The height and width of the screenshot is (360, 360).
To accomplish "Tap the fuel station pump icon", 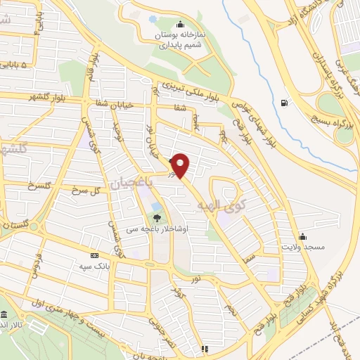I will [x=283, y=103].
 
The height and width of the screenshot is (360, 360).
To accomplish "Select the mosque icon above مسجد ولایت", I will [x=302, y=236].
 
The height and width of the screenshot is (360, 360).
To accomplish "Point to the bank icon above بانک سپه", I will [x=95, y=255].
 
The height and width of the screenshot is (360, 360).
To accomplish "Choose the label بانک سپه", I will [x=95, y=266].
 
